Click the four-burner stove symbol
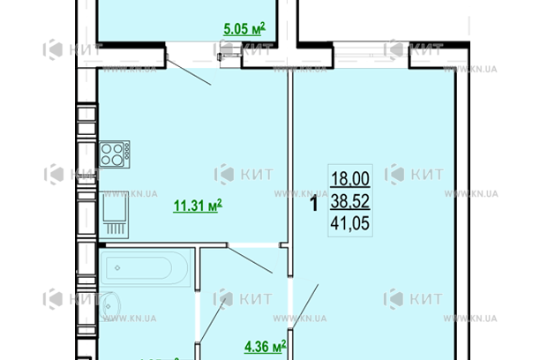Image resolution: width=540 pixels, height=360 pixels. click(111, 156)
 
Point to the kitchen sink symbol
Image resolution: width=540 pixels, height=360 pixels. click(113, 212)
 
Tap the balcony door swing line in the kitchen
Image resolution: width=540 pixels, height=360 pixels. click(188, 71)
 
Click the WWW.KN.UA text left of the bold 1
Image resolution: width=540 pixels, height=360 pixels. click(291, 192)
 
